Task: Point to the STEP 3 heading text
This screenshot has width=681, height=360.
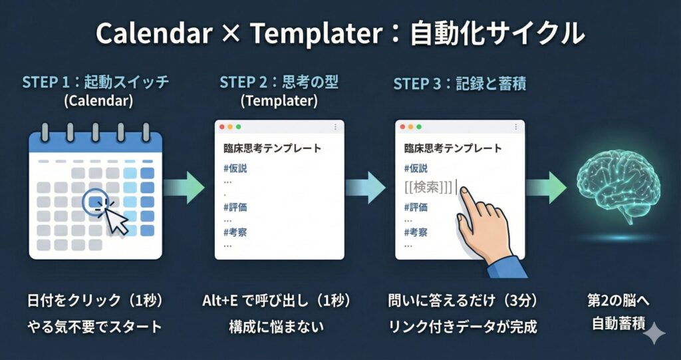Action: (x=460, y=84)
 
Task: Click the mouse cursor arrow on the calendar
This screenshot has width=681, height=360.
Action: (x=116, y=221)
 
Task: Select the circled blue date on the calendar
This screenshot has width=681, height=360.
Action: (x=96, y=202)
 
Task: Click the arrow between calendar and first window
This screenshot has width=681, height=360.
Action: (x=184, y=188)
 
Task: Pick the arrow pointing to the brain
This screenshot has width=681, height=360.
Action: (x=546, y=188)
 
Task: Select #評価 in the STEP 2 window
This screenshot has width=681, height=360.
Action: (x=235, y=208)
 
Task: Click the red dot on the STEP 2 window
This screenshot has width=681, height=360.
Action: (x=222, y=126)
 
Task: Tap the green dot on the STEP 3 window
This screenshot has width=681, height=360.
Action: (x=419, y=126)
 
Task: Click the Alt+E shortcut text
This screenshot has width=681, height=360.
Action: (x=219, y=301)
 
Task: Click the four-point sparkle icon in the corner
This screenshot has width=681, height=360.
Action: (x=654, y=334)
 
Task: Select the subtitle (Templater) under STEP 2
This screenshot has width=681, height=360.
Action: (x=279, y=101)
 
